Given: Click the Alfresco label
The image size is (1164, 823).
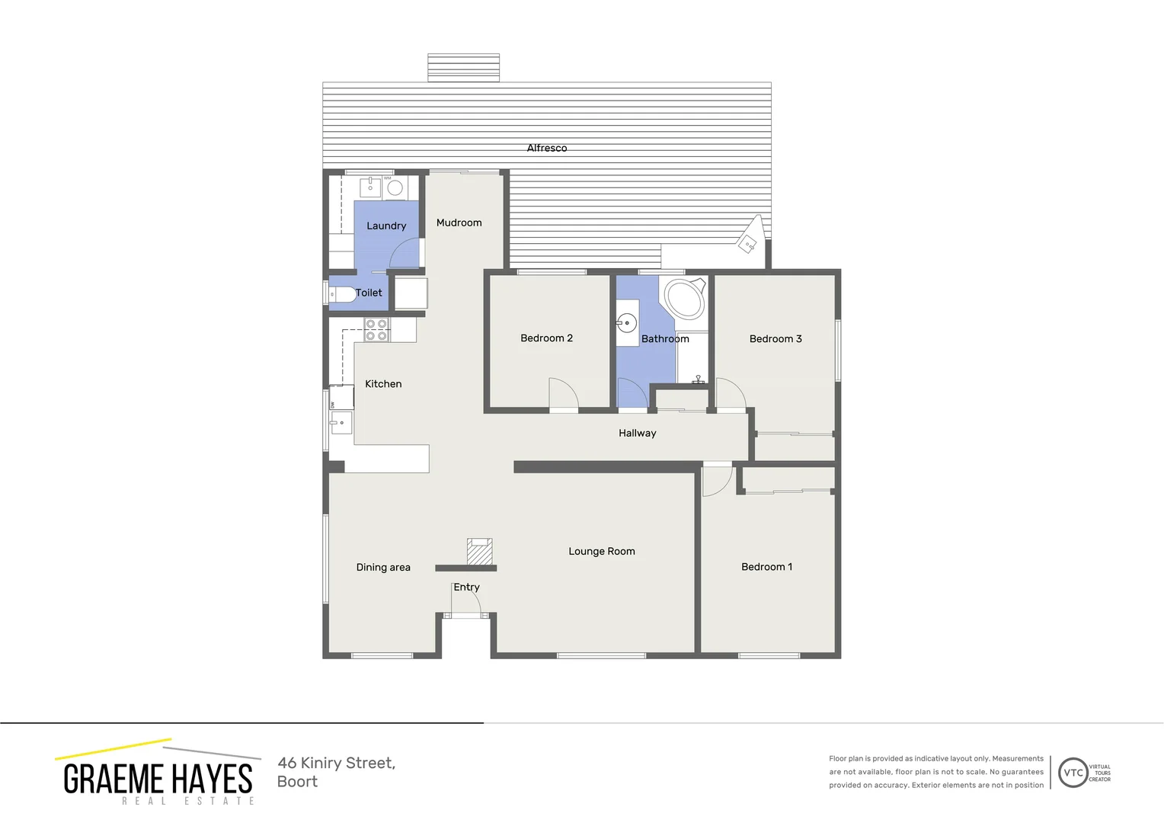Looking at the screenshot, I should pyautogui.click(x=546, y=148).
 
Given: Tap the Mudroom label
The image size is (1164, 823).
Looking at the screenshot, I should pyautogui.click(x=459, y=223).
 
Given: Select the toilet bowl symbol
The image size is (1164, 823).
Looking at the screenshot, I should pyautogui.click(x=342, y=293).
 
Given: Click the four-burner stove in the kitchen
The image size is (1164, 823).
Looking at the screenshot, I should pyautogui.click(x=376, y=330).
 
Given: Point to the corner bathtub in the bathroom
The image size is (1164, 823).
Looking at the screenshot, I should pyautogui.click(x=685, y=299).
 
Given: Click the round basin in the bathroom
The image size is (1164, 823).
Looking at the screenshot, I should pyautogui.click(x=626, y=323).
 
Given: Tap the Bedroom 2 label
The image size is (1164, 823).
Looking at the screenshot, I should pyautogui.click(x=546, y=338).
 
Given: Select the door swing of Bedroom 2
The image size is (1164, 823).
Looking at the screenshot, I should pyautogui.click(x=564, y=394).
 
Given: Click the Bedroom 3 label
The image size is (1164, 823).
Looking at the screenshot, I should pyautogui.click(x=775, y=338).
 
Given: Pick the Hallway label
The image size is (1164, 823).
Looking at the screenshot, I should pyautogui.click(x=637, y=433).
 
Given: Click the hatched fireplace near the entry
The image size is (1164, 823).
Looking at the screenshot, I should pyautogui.click(x=479, y=552).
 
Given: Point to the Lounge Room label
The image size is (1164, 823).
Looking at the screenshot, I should pyautogui.click(x=601, y=551).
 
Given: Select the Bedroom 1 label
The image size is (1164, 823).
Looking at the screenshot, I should pyautogui.click(x=766, y=566).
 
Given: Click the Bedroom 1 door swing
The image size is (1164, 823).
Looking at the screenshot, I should pyautogui.click(x=715, y=481).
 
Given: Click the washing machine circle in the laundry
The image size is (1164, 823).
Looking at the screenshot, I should pyautogui.click(x=395, y=187).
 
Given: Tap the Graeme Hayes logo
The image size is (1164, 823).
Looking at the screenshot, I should pyautogui.click(x=158, y=773).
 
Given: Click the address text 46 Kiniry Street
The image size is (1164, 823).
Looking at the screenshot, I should pyautogui.click(x=336, y=763).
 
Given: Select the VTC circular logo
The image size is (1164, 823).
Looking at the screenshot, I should pyautogui.click(x=1073, y=773).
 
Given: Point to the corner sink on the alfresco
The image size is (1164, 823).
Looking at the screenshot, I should pyautogui.click(x=749, y=242).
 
